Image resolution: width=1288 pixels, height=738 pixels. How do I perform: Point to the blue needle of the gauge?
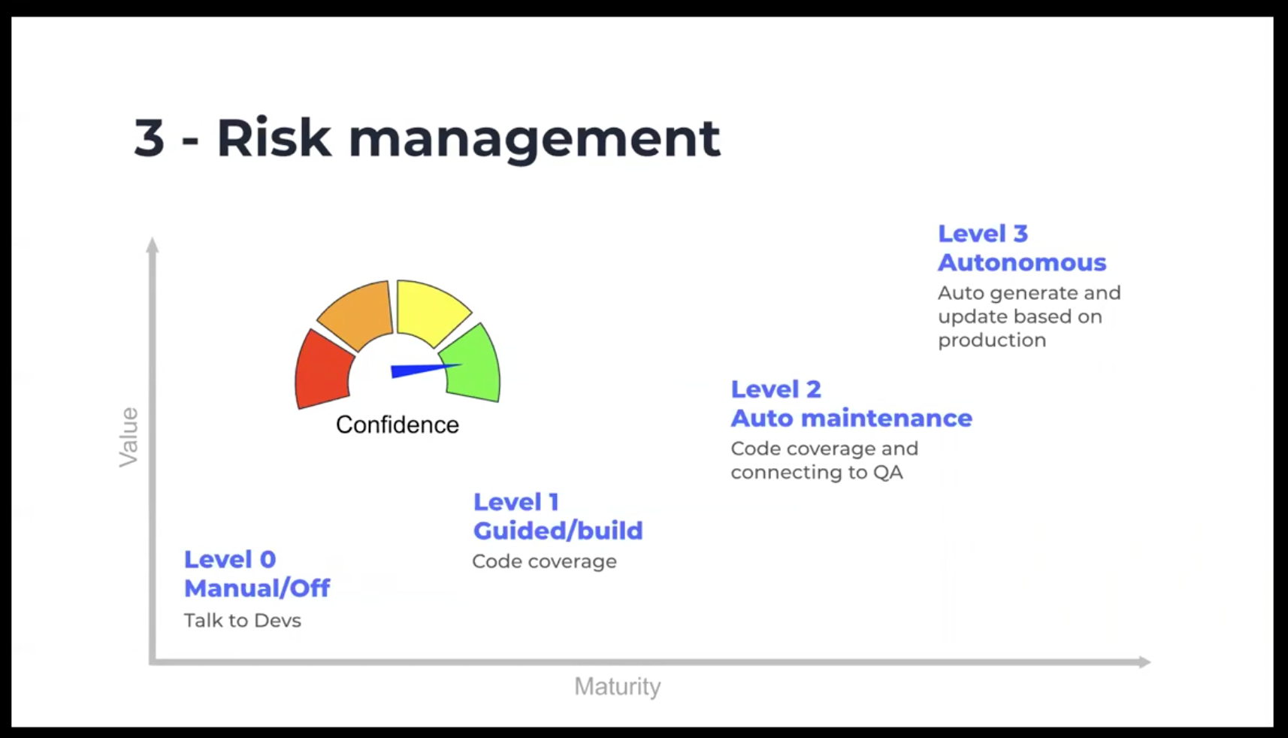click(x=425, y=371)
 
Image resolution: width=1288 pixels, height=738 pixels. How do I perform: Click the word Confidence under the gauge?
click(x=398, y=425)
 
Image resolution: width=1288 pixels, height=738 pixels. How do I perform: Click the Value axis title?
click(x=128, y=437)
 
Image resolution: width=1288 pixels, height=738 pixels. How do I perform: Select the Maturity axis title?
click(x=618, y=686)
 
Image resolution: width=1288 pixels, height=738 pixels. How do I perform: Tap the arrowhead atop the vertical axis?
click(x=153, y=244)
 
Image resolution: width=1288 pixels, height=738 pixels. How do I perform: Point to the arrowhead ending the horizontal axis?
click(x=1144, y=662)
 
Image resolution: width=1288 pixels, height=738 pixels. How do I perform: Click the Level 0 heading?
click(x=230, y=559)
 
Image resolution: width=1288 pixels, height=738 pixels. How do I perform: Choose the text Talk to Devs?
click(x=243, y=621)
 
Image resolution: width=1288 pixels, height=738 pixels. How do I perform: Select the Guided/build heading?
click(x=558, y=531)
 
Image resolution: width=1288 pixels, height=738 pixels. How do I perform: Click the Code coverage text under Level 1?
click(x=545, y=561)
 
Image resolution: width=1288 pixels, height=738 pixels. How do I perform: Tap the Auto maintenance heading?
click(x=851, y=418)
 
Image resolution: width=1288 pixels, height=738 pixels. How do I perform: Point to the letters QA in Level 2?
click(x=887, y=472)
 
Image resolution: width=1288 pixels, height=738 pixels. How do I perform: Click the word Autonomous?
click(x=1022, y=263)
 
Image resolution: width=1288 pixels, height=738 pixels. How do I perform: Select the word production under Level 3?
click(x=992, y=340)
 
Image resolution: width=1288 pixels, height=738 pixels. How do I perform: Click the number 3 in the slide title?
click(x=150, y=138)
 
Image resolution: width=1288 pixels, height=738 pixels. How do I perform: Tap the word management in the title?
click(x=534, y=141)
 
